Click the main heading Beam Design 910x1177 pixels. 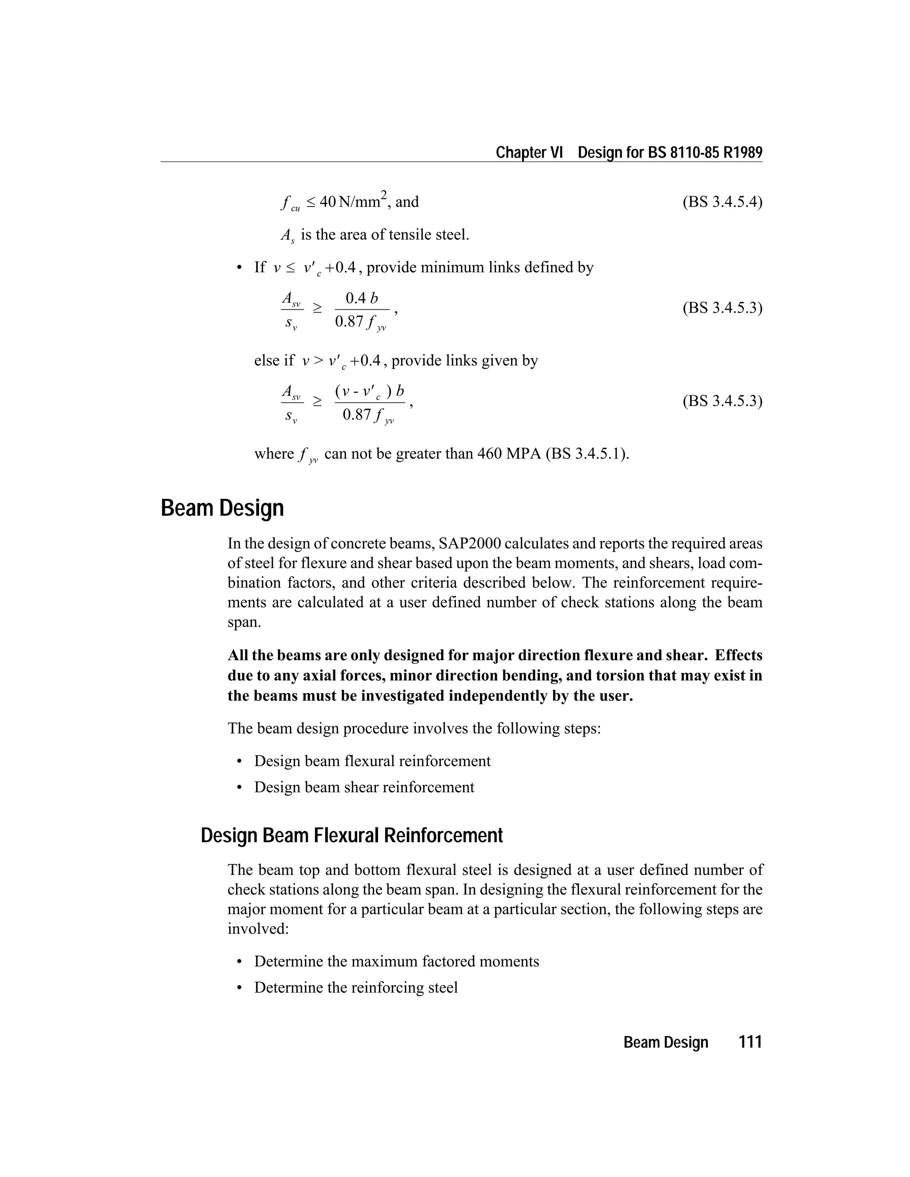click(222, 508)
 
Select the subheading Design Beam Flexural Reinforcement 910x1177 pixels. click(351, 835)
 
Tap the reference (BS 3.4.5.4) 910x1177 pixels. click(722, 202)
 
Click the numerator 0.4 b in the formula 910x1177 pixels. click(362, 298)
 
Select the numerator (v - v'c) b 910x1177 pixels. click(369, 391)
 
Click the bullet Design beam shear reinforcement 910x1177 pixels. click(364, 787)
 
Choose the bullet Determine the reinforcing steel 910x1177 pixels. click(356, 987)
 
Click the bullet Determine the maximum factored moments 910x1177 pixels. click(396, 962)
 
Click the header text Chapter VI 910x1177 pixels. click(529, 152)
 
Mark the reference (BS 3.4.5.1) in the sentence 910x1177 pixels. click(587, 454)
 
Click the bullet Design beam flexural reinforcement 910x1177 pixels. click(372, 761)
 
